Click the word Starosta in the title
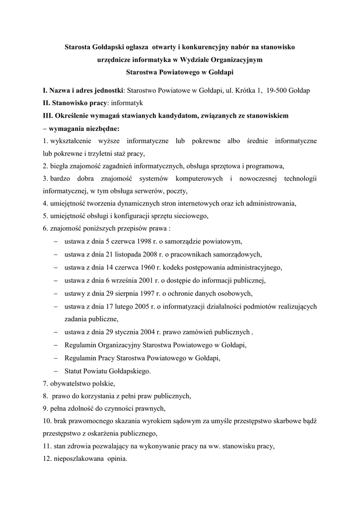click(77, 47)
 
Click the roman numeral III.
click(48, 116)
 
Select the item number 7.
click(45, 383)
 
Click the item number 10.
click(47, 422)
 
